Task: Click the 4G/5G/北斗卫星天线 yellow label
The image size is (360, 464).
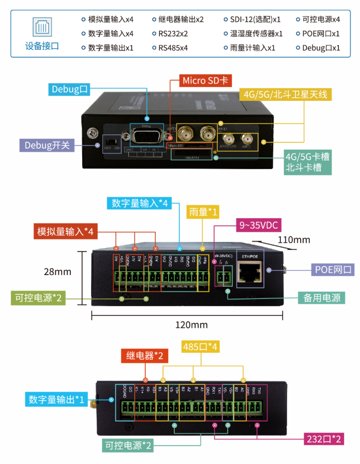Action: point(287,95)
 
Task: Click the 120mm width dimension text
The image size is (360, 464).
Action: point(191,325)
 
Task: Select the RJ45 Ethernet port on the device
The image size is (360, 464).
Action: point(248,271)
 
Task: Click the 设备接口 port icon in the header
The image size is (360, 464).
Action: point(42,26)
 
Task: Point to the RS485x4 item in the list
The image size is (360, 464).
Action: point(172,48)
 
